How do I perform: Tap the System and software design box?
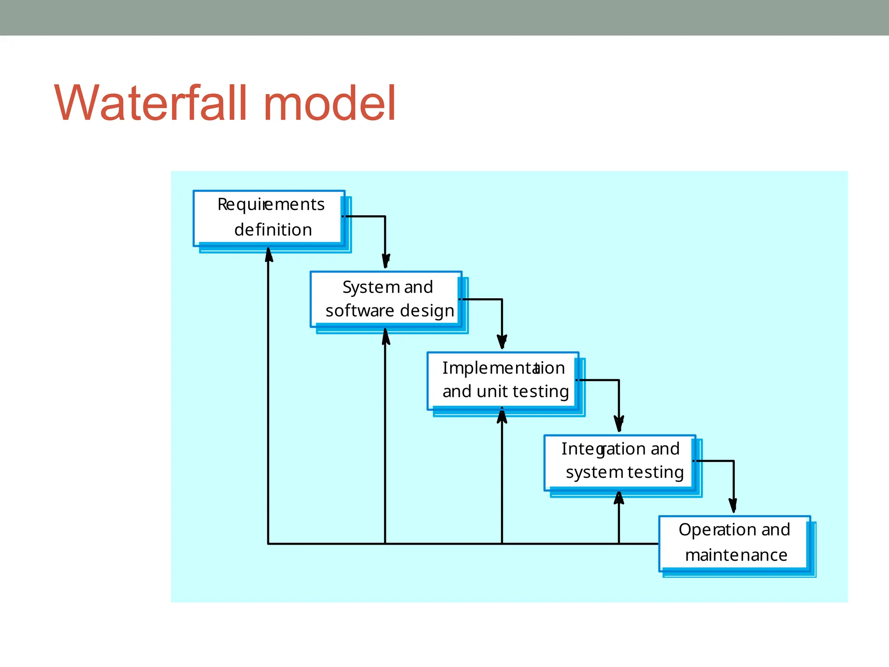click(386, 299)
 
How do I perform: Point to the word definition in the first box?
click(273, 230)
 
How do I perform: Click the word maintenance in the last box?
click(736, 555)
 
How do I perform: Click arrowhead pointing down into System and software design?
click(385, 261)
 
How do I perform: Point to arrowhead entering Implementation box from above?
click(502, 342)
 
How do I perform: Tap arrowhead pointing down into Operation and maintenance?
click(734, 506)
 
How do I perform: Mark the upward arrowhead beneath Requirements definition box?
click(269, 255)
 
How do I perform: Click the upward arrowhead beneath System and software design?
click(385, 336)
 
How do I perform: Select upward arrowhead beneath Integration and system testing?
click(619, 498)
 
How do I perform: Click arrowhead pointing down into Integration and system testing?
click(619, 423)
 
